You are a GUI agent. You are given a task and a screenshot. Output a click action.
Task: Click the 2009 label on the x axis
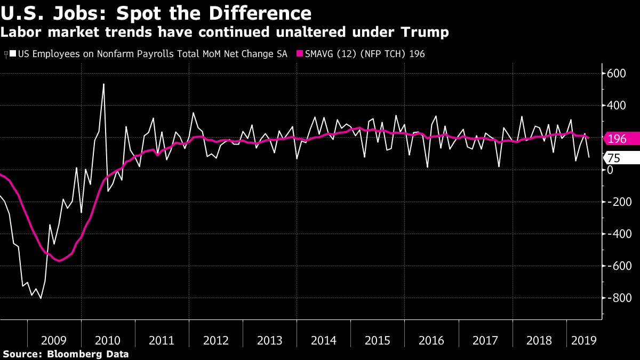pyautogui.click(x=54, y=340)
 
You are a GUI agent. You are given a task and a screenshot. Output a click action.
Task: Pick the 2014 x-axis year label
pyautogui.click(x=324, y=340)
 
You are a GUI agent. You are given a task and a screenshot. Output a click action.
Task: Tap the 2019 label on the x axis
pyautogui.click(x=583, y=340)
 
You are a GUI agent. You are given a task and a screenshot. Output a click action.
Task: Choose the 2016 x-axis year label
pyautogui.click(x=431, y=340)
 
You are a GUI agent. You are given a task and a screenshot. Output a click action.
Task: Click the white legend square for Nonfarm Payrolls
pyautogui.click(x=13, y=54)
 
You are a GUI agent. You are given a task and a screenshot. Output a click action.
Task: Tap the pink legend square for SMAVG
pyautogui.click(x=300, y=54)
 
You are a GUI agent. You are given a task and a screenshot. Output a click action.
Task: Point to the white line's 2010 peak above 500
pyautogui.click(x=103, y=84)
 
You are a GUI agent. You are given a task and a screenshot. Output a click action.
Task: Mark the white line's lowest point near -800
pyautogui.click(x=41, y=298)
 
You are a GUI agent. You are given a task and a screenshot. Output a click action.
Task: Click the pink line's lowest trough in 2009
pyautogui.click(x=59, y=261)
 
